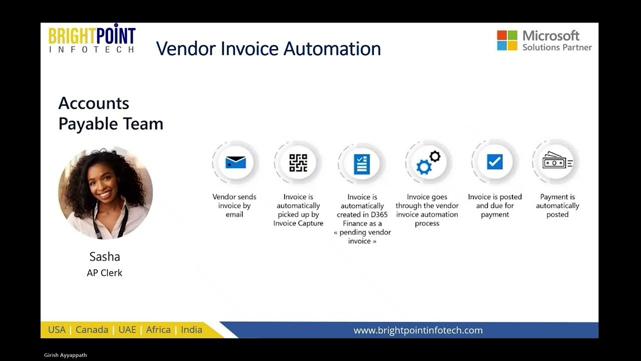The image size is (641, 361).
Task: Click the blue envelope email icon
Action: [x=235, y=162]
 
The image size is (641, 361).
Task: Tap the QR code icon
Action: [x=298, y=162]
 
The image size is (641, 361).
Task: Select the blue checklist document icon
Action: [x=362, y=163]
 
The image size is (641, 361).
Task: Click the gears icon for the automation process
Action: [x=428, y=163]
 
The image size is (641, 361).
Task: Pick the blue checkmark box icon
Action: [x=494, y=162]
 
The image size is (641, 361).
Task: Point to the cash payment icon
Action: [x=557, y=161]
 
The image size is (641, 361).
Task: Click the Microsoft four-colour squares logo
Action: [x=507, y=40]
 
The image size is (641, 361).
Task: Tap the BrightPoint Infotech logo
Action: [x=92, y=38]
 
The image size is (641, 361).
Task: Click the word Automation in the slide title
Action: [x=332, y=49]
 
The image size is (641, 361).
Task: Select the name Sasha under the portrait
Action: [x=105, y=257]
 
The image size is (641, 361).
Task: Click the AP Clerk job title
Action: [x=105, y=273]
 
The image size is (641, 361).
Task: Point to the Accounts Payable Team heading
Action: [x=111, y=113]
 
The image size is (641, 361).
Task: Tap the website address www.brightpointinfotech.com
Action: [x=418, y=330]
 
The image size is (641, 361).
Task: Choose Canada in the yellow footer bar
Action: [x=92, y=330]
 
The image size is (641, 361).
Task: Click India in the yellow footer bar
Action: [x=191, y=330]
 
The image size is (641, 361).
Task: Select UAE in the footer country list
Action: [x=127, y=330]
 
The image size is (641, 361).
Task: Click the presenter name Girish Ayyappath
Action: [x=66, y=355]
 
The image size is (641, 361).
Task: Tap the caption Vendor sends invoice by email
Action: [x=234, y=206]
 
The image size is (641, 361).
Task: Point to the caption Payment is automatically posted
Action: [x=557, y=206]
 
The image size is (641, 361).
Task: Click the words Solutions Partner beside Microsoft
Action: [x=557, y=47]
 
